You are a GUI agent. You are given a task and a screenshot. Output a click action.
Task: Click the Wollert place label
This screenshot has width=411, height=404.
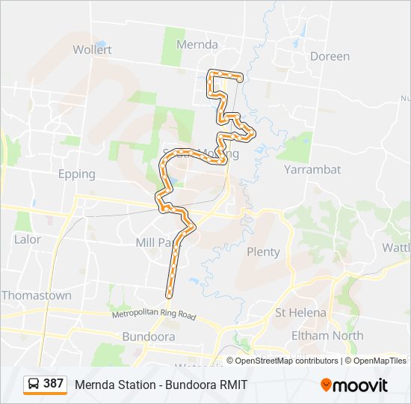93,49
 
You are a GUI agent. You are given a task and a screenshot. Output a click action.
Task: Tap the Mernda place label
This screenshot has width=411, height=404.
197,45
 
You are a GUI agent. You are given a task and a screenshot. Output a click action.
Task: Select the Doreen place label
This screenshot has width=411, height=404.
330,56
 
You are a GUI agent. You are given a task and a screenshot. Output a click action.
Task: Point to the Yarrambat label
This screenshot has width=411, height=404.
312,170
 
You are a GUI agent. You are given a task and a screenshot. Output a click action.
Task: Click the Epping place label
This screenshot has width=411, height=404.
77,174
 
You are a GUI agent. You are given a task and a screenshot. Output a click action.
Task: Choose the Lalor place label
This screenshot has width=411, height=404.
28,240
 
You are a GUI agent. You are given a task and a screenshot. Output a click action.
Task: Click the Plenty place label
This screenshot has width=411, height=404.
263,252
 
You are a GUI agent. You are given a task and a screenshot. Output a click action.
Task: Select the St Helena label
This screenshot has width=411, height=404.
300,312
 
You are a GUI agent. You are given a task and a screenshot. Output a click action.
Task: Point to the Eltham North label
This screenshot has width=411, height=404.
327,336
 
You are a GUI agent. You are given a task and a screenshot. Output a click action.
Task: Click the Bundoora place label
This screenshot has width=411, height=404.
148,337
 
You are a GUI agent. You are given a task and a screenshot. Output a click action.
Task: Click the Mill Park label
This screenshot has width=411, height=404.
155,243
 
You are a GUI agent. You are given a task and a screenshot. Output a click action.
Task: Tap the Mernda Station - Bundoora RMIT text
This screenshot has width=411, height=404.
161,385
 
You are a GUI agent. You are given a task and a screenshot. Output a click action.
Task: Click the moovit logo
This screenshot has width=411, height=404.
354,385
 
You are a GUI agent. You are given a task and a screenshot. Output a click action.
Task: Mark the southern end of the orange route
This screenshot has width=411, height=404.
170,287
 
